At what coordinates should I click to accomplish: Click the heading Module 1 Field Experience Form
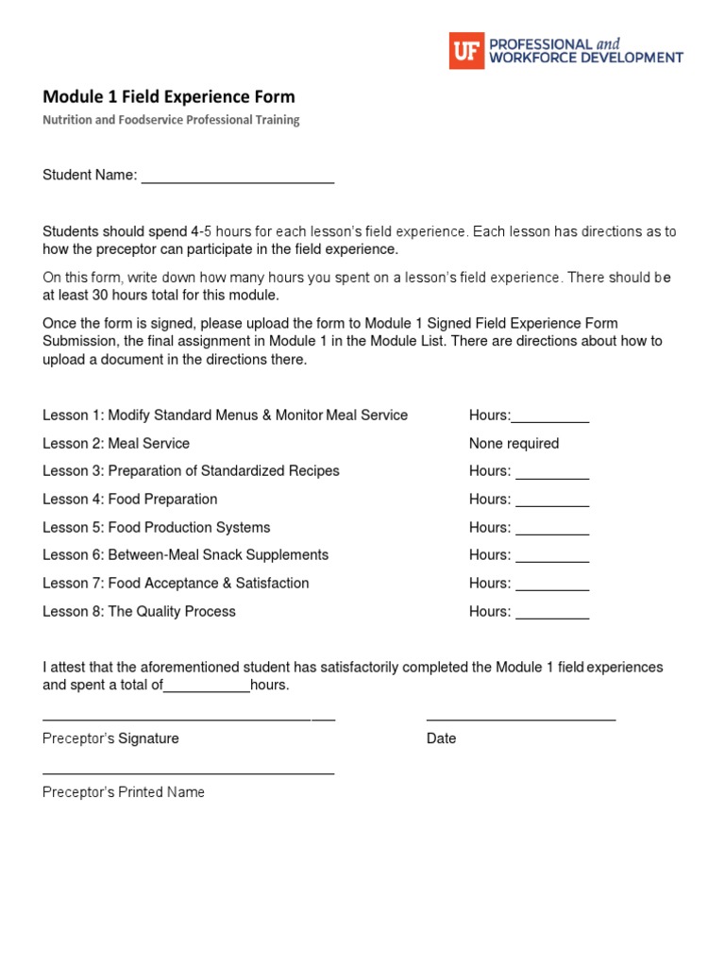point(169,96)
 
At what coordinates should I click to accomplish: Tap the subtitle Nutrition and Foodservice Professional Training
point(171,120)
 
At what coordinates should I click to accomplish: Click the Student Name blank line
point(238,178)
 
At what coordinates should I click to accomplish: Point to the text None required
point(514,443)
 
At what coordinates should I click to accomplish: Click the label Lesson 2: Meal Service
point(116,443)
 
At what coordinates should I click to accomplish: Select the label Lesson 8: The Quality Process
point(139,611)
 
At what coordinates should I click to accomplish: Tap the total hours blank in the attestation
point(207,688)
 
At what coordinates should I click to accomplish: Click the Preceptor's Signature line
point(189,720)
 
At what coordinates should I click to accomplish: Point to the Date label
point(441,738)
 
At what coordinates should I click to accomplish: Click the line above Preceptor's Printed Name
point(189,773)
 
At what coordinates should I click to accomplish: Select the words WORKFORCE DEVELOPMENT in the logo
point(585,58)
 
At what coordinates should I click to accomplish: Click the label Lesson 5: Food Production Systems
point(157,527)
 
